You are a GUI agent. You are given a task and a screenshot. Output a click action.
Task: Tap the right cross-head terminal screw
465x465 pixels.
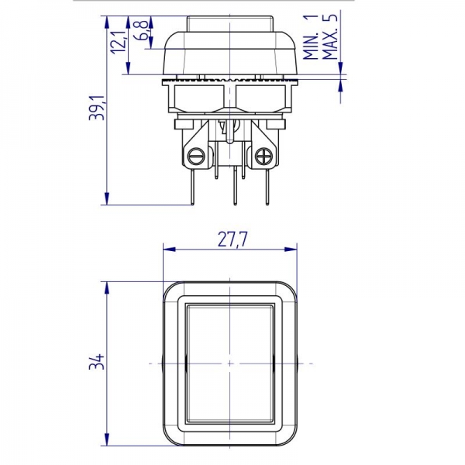pyautogui.click(x=263, y=157)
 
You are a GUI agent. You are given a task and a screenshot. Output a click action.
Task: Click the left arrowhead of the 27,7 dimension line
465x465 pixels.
pyautogui.click(x=167, y=250)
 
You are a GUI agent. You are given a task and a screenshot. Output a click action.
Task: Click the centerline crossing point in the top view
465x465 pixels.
pyautogui.click(x=230, y=363)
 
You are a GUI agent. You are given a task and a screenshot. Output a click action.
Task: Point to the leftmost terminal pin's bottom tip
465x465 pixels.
pyautogui.click(x=191, y=205)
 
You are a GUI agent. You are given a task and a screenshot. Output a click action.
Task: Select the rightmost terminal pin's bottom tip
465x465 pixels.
pyautogui.click(x=268, y=205)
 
